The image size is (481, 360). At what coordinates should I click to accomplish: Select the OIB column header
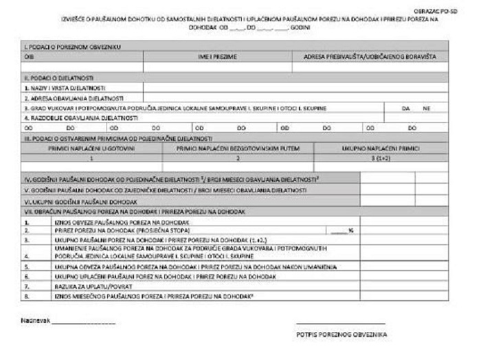28,57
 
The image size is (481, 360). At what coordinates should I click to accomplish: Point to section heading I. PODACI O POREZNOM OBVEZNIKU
73,47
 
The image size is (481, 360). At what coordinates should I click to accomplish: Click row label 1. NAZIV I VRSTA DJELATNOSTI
65,87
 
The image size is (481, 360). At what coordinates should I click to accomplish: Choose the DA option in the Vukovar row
406,108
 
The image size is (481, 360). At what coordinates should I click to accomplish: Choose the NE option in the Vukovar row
427,108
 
